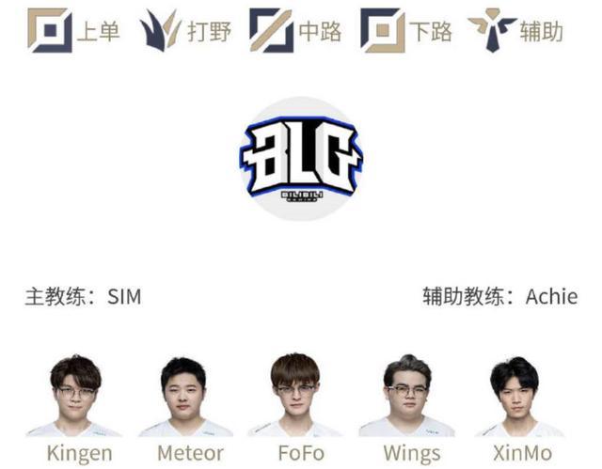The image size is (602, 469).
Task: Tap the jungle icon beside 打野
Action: pyautogui.click(x=160, y=30)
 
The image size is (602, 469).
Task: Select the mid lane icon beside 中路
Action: pyautogui.click(x=271, y=30)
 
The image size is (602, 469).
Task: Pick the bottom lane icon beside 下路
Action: pyautogui.click(x=383, y=30)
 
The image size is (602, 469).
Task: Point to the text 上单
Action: pyautogui.click(x=98, y=31)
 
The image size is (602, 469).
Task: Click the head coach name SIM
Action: pyautogui.click(x=124, y=298)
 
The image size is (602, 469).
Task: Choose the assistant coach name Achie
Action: pyautogui.click(x=551, y=298)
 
